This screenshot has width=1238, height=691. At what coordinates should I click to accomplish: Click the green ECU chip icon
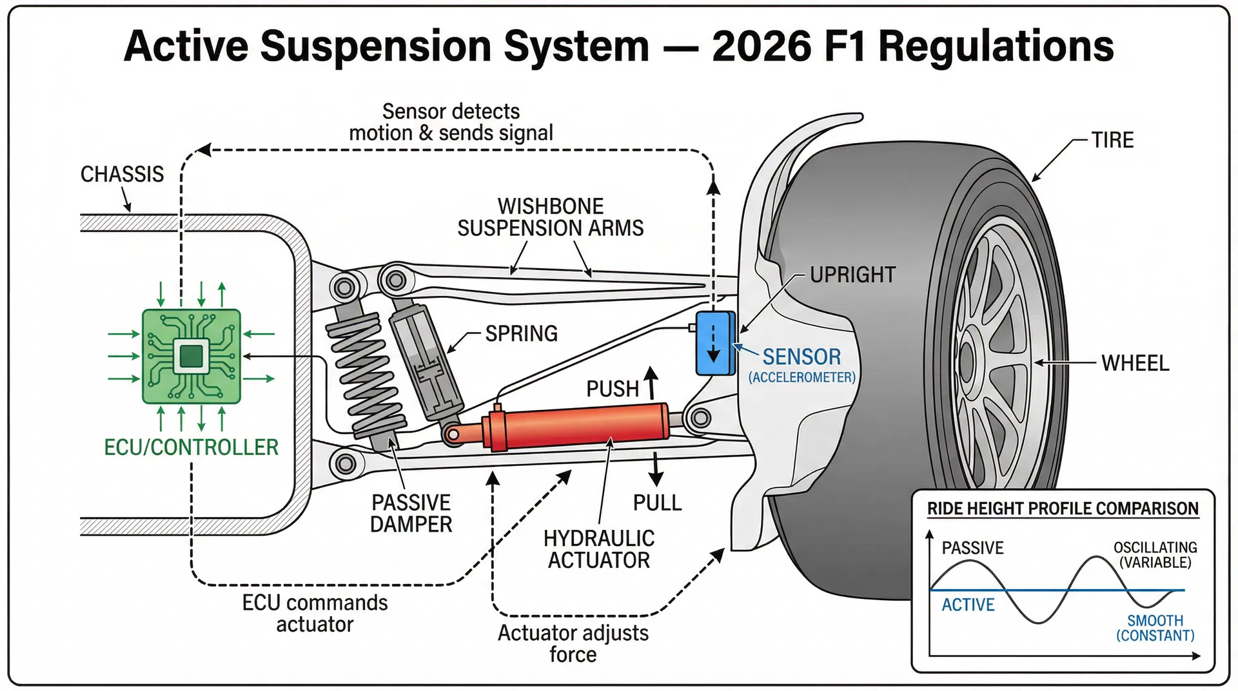192,356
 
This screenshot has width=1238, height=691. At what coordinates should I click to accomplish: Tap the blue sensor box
715,343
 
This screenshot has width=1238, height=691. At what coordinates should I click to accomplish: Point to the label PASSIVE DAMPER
411,514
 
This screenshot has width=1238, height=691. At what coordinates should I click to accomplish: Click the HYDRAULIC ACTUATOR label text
599,549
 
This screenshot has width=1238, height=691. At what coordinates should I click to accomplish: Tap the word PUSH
613,389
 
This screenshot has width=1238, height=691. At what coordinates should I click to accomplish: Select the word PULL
657,503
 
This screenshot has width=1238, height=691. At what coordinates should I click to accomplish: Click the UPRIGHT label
852,275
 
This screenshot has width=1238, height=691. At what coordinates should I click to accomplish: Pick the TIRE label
1112,140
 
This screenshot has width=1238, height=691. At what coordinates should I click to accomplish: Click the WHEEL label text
1135,363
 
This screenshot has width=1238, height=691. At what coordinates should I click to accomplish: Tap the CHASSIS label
122,174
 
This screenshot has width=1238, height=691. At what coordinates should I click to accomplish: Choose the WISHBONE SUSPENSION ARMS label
550,217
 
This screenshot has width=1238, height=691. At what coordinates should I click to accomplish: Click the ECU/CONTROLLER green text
192,447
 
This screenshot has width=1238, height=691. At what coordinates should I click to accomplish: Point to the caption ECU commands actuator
315,614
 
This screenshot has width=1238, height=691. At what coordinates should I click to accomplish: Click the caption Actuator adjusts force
573,643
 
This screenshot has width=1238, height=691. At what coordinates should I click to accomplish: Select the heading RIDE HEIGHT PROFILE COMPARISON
1063,509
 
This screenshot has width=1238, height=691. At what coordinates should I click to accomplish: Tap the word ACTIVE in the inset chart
968,605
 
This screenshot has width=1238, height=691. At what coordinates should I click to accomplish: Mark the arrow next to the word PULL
656,469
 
